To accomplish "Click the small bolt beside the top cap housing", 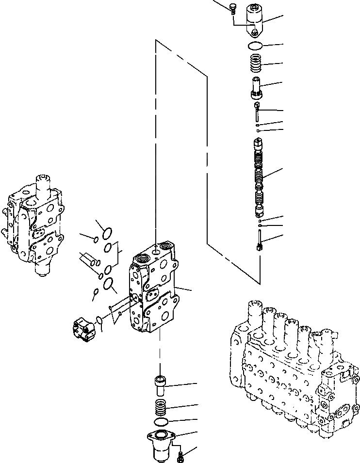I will pyautogui.click(x=232, y=7).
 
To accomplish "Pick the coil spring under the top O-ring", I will pyautogui.click(x=256, y=64).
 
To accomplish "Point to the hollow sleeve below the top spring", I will pyautogui.click(x=257, y=87).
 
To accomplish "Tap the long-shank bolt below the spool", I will pyautogui.click(x=260, y=240).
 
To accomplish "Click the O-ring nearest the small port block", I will pyautogui.click(x=99, y=320).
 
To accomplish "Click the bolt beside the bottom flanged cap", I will pyautogui.click(x=181, y=456).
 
